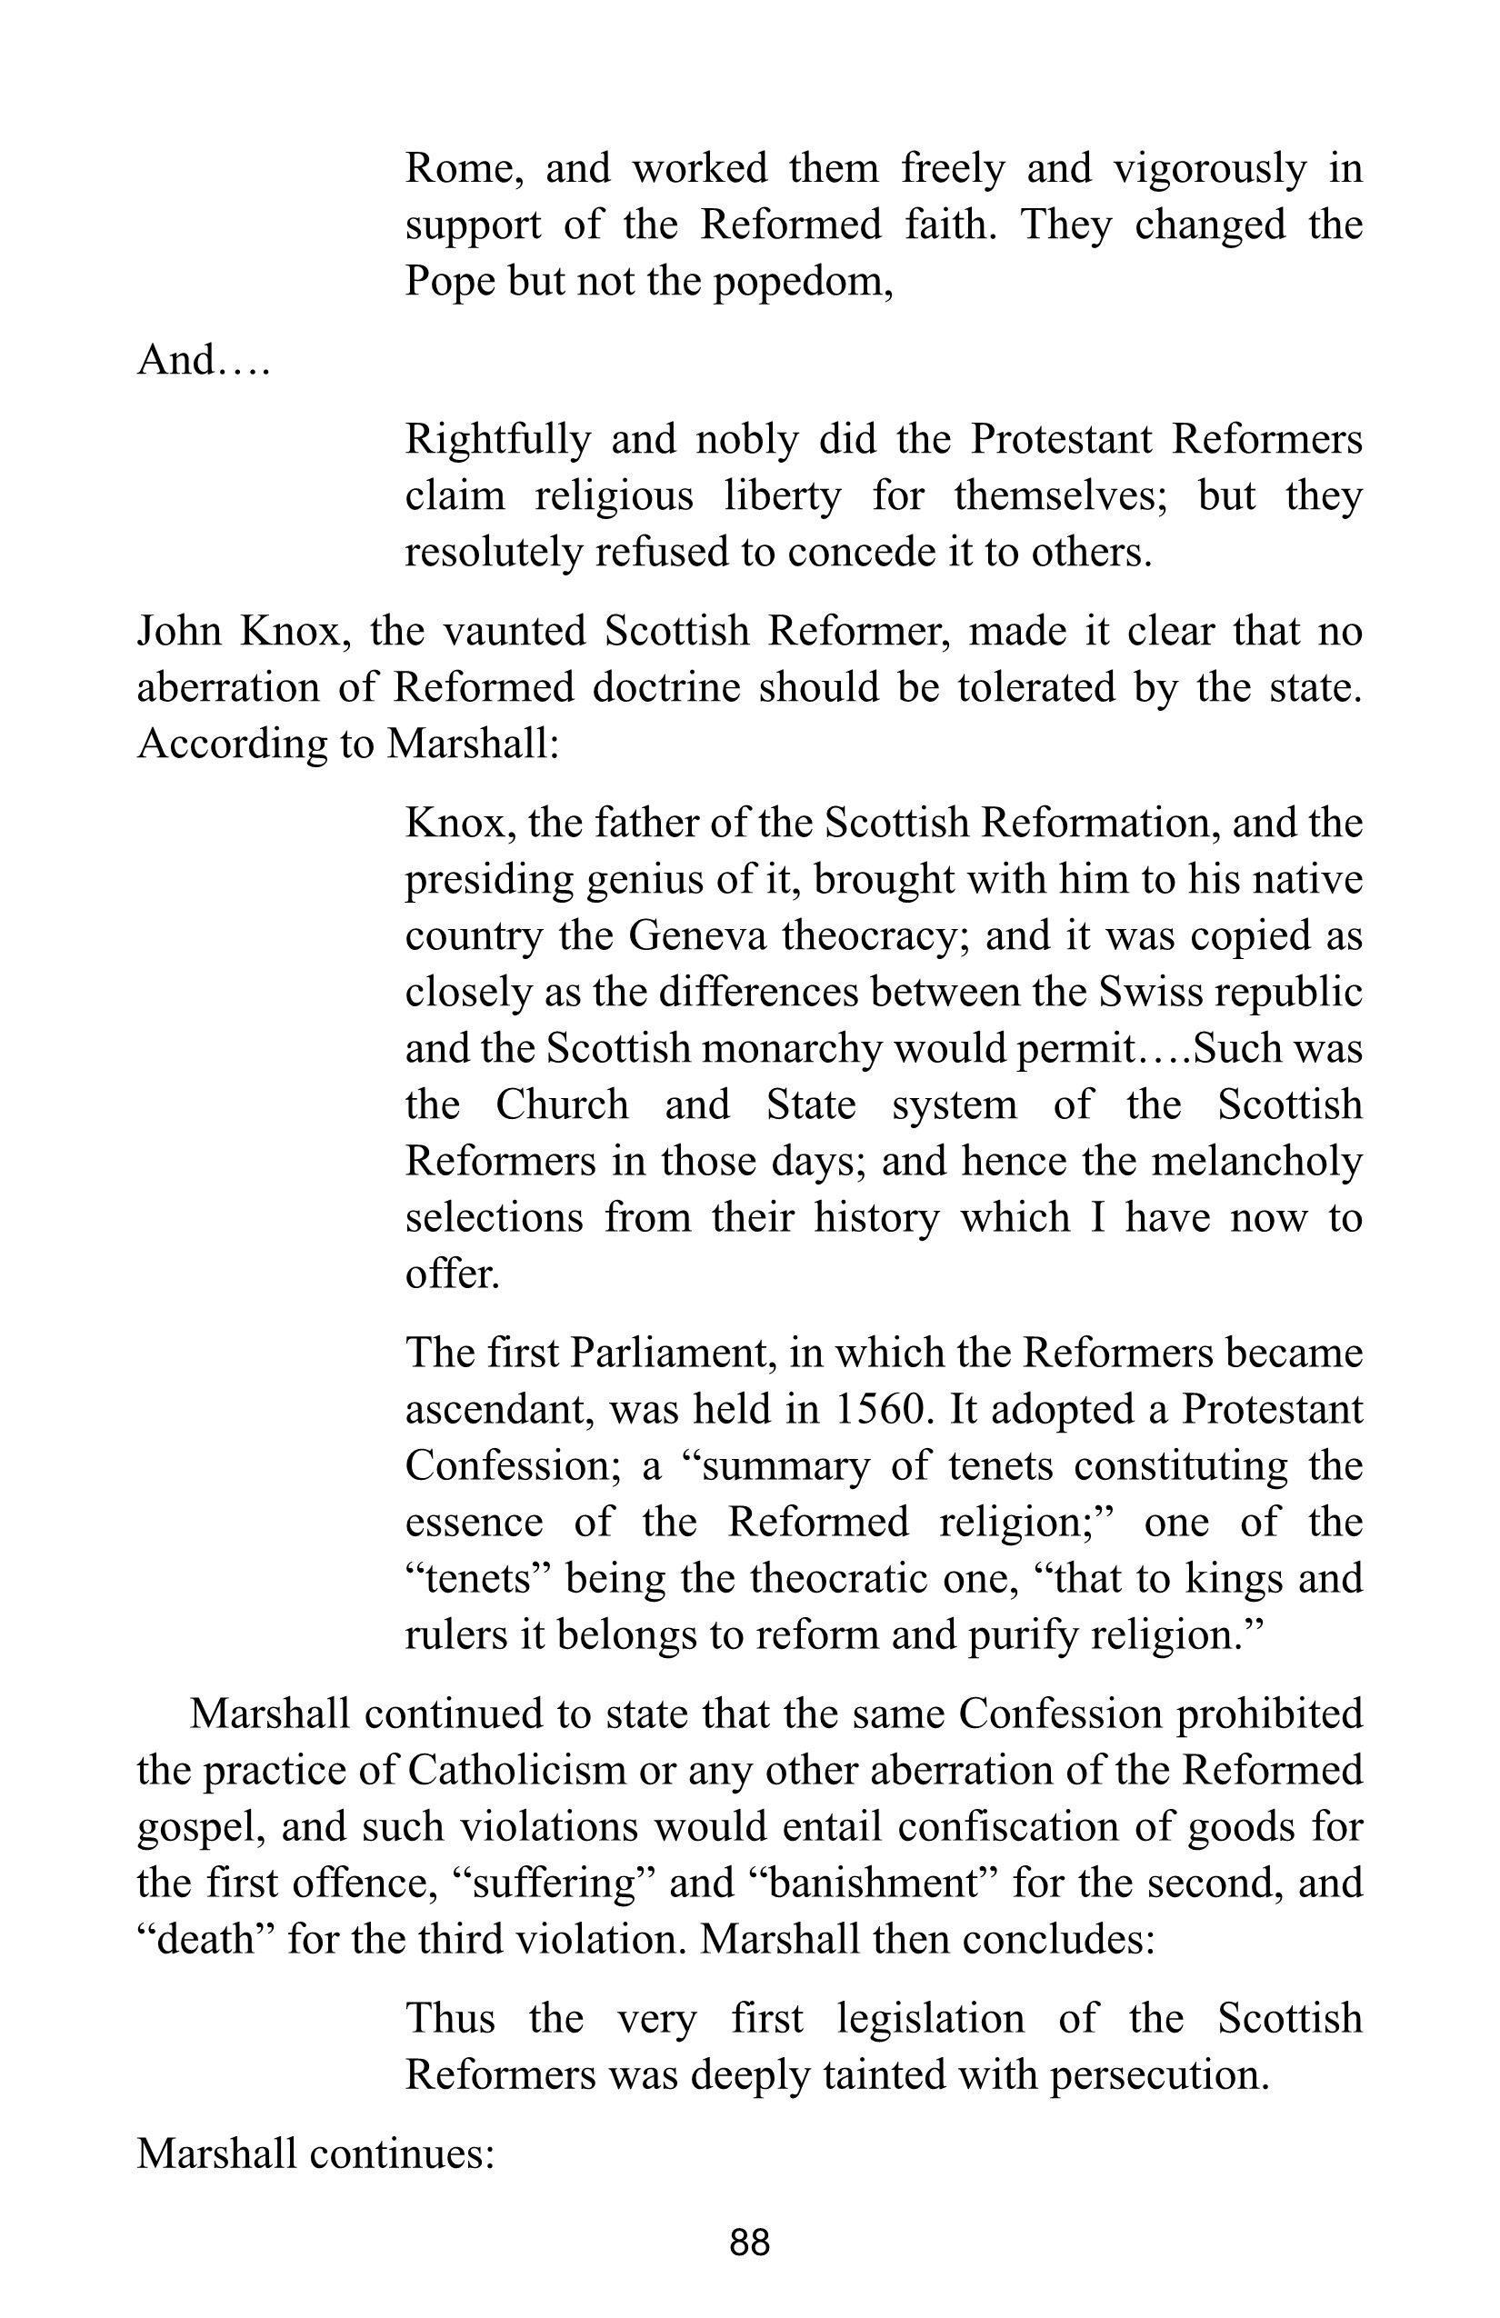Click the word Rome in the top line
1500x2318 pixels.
point(464,169)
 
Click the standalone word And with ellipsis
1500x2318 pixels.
point(203,360)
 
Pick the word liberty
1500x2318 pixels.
point(782,495)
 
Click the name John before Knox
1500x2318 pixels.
point(178,631)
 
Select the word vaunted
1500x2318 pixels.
point(515,631)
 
